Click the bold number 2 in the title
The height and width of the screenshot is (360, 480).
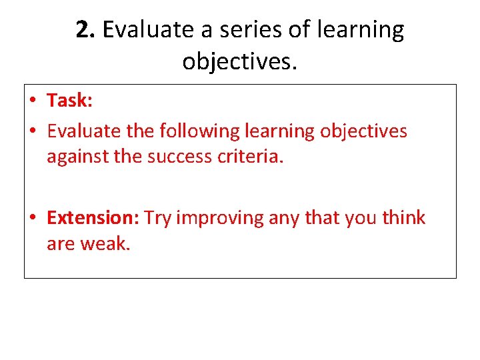coord(83,30)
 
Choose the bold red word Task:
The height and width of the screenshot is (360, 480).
coord(69,101)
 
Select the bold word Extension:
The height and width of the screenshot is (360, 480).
coord(93,218)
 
